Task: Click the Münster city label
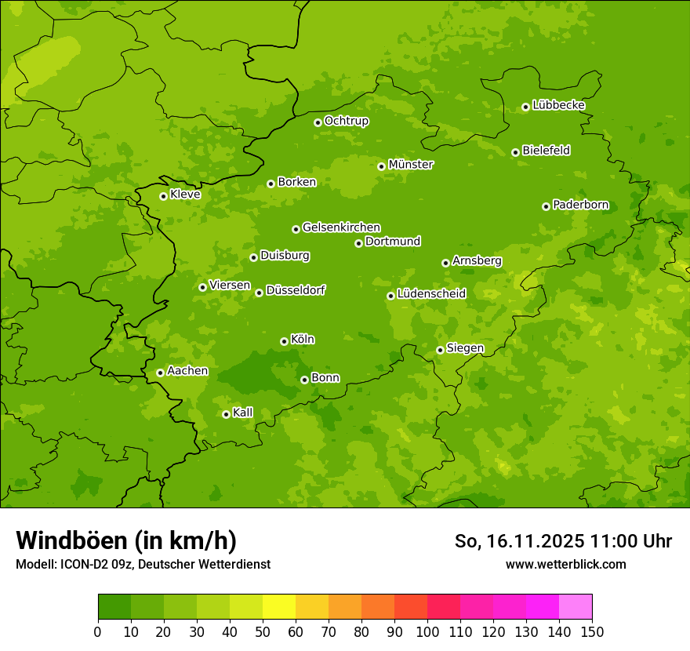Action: pos(411,165)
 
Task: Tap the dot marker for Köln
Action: pos(284,341)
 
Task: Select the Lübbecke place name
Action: pos(558,105)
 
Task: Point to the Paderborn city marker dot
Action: pos(546,206)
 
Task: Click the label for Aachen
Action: pos(187,371)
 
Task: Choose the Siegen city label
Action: pos(465,348)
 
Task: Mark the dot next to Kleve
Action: pos(163,196)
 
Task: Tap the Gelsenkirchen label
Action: pos(341,227)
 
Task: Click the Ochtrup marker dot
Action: pos(318,122)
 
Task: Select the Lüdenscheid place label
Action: pos(431,294)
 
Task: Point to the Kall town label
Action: pos(243,413)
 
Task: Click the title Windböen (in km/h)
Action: pos(126,540)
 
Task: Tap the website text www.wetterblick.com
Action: pos(565,564)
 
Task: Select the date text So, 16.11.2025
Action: pos(518,541)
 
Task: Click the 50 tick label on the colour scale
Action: pos(263,631)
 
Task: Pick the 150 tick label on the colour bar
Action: pos(592,631)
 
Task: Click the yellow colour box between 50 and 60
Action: pos(279,607)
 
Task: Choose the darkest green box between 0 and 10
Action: pos(114,607)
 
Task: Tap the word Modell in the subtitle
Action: pos(34,565)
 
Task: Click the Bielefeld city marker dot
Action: pos(515,152)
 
